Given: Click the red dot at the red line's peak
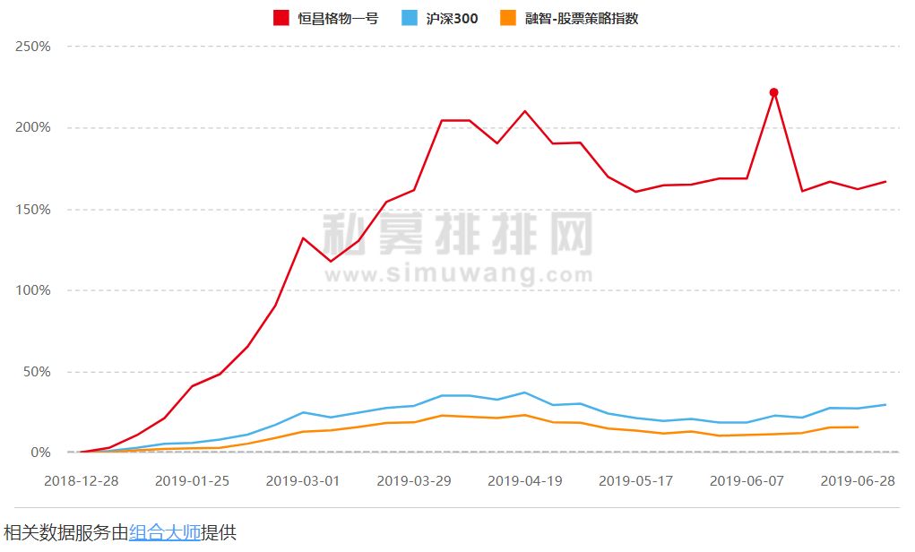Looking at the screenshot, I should click(773, 92).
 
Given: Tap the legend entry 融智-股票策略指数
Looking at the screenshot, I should click(583, 18).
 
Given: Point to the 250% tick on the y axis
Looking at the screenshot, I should click(33, 47).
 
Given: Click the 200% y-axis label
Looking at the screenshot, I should click(33, 128).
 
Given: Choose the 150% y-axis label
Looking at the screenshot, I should click(33, 210).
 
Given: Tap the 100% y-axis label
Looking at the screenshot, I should click(33, 290).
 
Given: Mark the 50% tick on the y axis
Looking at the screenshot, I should click(37, 372).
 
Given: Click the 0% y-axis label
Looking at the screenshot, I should click(40, 453).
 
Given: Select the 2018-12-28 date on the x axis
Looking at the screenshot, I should click(82, 481).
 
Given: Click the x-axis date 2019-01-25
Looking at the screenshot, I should click(192, 481).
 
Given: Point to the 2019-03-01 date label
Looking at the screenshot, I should click(303, 481).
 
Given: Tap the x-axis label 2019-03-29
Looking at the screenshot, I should click(414, 481).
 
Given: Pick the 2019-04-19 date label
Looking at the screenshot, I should click(525, 481).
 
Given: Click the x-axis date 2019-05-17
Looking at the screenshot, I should click(635, 481).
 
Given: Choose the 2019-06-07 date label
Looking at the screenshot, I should click(747, 481).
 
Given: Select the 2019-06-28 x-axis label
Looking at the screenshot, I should click(858, 481).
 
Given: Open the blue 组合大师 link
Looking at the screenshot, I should click(165, 532).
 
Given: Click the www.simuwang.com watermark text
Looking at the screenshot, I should click(457, 272).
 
